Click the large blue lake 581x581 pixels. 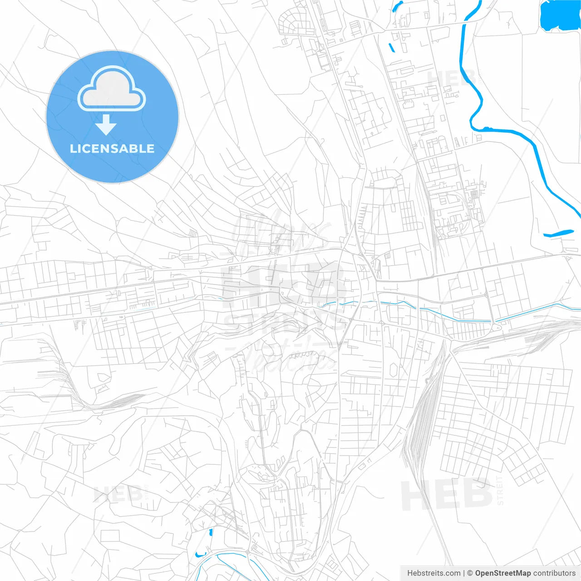click(x=560, y=15)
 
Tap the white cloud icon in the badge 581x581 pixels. click(x=112, y=90)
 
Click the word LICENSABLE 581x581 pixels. click(x=112, y=149)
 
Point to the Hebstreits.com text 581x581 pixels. click(x=433, y=573)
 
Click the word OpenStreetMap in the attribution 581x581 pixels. click(x=502, y=573)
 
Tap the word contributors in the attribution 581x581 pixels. click(x=554, y=573)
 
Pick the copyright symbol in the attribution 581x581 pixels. click(x=470, y=573)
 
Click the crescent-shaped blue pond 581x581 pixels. click(x=200, y=554)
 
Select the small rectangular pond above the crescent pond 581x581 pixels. click(x=211, y=532)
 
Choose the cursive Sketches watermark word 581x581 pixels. click(x=290, y=359)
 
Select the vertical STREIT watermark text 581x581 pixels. click(x=500, y=490)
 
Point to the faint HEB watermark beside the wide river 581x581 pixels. click(x=449, y=79)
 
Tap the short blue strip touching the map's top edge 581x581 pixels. click(x=397, y=6)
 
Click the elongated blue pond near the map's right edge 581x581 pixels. click(x=558, y=233)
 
